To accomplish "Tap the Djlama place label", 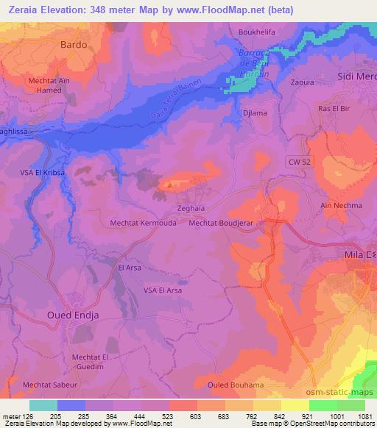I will tap(254, 113).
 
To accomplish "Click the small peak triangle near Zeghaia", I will tap(171, 185).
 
